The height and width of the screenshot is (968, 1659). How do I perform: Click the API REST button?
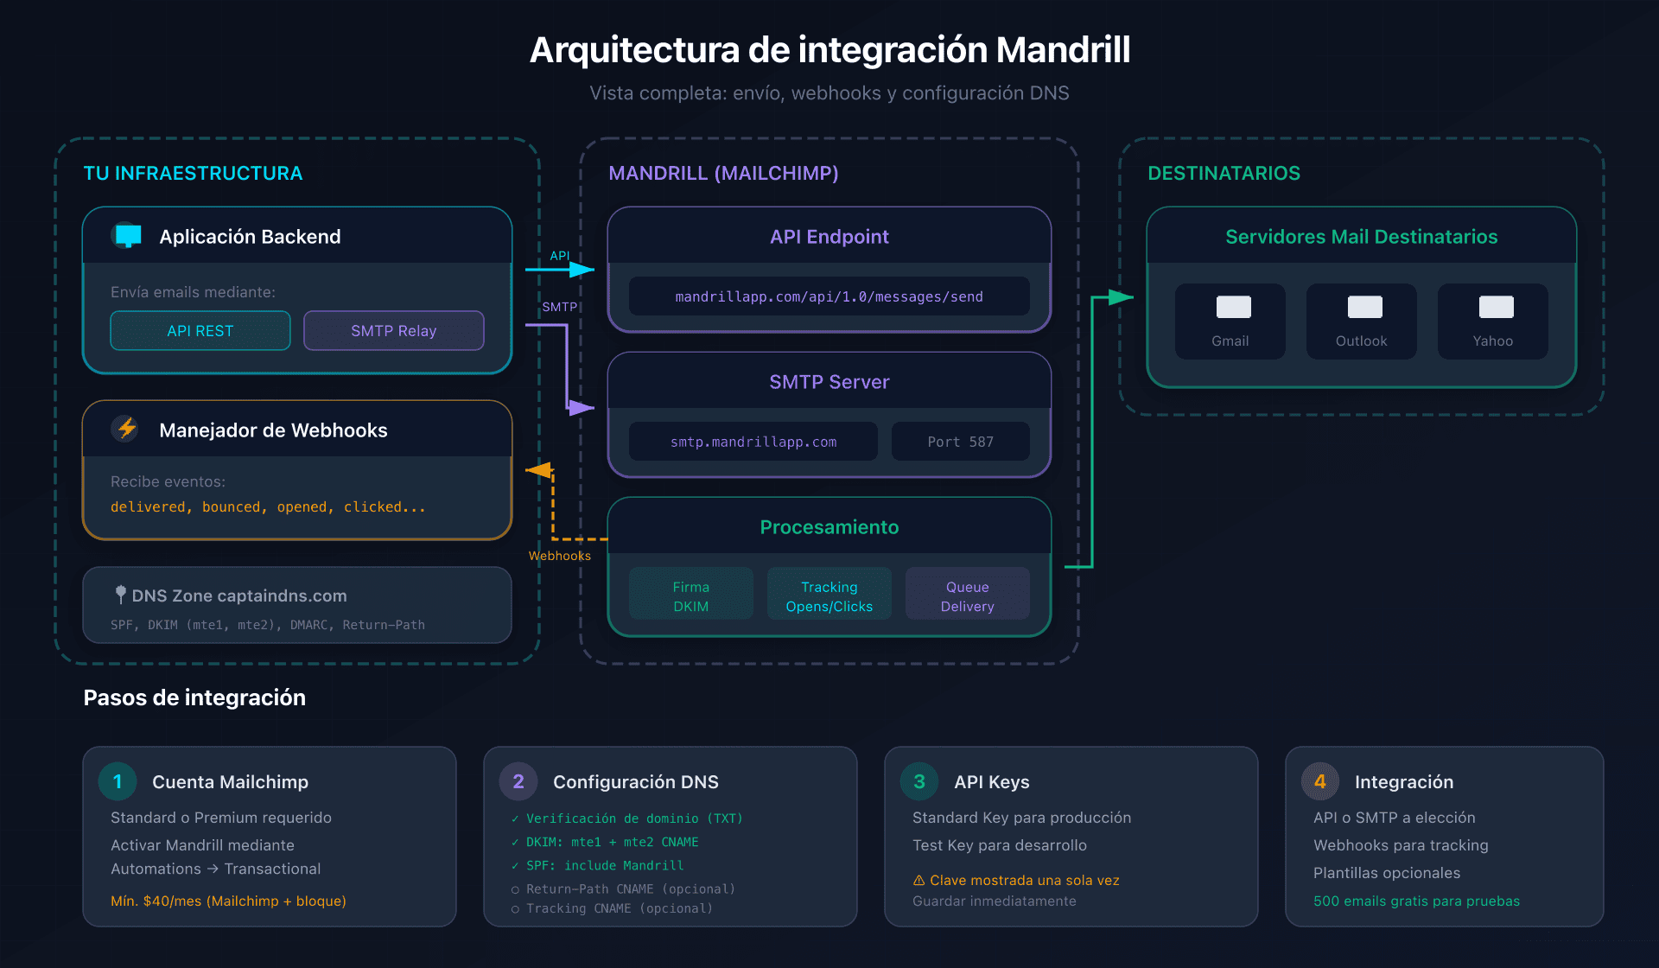point(200,331)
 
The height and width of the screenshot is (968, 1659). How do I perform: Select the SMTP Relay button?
point(393,331)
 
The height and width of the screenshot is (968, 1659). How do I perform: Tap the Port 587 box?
point(960,442)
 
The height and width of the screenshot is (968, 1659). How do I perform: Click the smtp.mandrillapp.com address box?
point(753,442)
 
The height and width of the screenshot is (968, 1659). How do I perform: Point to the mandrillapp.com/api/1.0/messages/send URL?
point(829,296)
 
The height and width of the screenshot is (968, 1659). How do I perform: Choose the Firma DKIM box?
point(690,595)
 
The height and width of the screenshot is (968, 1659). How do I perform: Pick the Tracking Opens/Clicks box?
point(829,595)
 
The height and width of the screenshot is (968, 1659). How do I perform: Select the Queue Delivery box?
point(967,595)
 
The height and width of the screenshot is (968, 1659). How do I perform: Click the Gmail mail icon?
point(1233,307)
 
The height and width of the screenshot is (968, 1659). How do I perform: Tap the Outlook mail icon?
point(1364,307)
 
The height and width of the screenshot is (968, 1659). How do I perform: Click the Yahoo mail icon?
point(1496,307)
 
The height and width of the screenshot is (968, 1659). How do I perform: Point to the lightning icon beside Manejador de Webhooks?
point(127,429)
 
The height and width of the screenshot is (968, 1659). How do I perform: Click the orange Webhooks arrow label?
point(560,556)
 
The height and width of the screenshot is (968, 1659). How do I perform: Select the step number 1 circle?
point(118,781)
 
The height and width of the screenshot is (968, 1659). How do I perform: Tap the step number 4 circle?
point(1319,781)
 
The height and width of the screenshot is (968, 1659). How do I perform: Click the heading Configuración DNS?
point(635,781)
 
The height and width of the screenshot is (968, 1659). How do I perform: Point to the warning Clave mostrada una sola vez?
point(1016,880)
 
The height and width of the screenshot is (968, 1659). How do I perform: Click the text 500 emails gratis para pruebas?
point(1416,901)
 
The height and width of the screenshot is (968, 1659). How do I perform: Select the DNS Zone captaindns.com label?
point(238,595)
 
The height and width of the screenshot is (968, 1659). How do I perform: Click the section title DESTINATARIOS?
point(1224,173)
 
